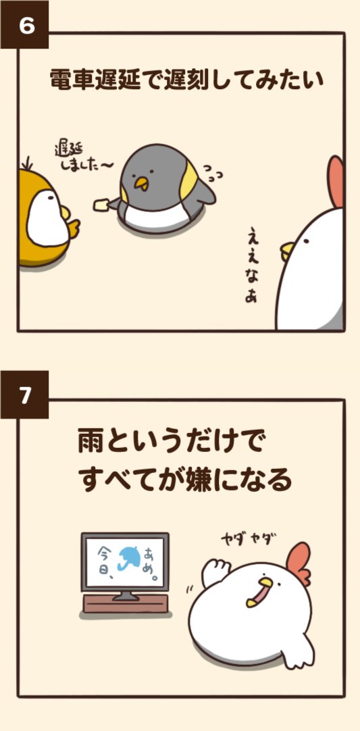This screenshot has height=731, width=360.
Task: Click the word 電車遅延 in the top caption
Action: click(95, 80)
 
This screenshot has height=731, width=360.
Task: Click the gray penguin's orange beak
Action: click(141, 182)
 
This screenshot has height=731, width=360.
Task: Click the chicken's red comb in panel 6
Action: click(336, 181)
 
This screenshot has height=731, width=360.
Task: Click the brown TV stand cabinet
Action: click(124, 603)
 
